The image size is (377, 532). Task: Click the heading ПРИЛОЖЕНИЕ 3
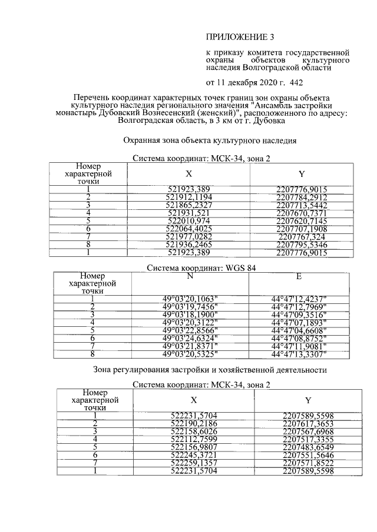[x=240, y=39]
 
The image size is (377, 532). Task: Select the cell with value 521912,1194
[x=188, y=196]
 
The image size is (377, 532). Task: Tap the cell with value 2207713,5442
[x=302, y=205]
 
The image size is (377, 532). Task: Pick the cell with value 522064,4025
[x=188, y=228]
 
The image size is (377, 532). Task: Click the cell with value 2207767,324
[x=302, y=236]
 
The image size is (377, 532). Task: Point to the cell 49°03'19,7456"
[x=190, y=306]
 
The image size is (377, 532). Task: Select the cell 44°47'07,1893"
[x=299, y=322]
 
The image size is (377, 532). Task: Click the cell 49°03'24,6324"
[x=190, y=338]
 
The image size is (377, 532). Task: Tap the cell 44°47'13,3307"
[x=299, y=354]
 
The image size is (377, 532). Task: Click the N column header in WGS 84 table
[x=190, y=276]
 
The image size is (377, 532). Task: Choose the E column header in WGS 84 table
[x=299, y=276]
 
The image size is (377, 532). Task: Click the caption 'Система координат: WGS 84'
[x=201, y=268]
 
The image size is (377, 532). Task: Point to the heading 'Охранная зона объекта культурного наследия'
[x=205, y=140]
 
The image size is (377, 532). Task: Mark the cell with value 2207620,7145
[x=302, y=220]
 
